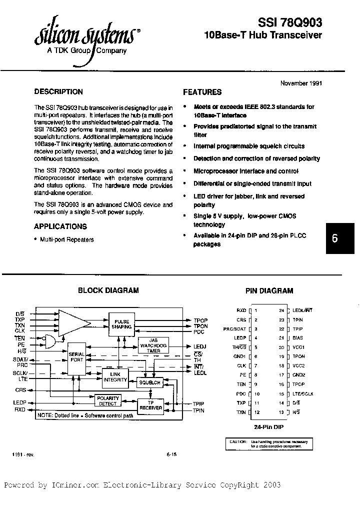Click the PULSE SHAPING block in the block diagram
(122, 324)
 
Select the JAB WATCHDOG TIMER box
(153, 345)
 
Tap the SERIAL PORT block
(76, 357)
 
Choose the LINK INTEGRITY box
(115, 376)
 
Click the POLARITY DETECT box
(108, 401)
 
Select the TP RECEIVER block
(150, 405)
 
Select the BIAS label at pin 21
(298, 338)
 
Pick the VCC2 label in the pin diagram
(298, 365)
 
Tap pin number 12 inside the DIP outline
(256, 412)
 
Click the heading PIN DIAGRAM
(269, 290)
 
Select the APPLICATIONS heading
(60, 226)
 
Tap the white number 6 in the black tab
(334, 238)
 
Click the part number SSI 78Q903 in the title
(289, 22)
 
